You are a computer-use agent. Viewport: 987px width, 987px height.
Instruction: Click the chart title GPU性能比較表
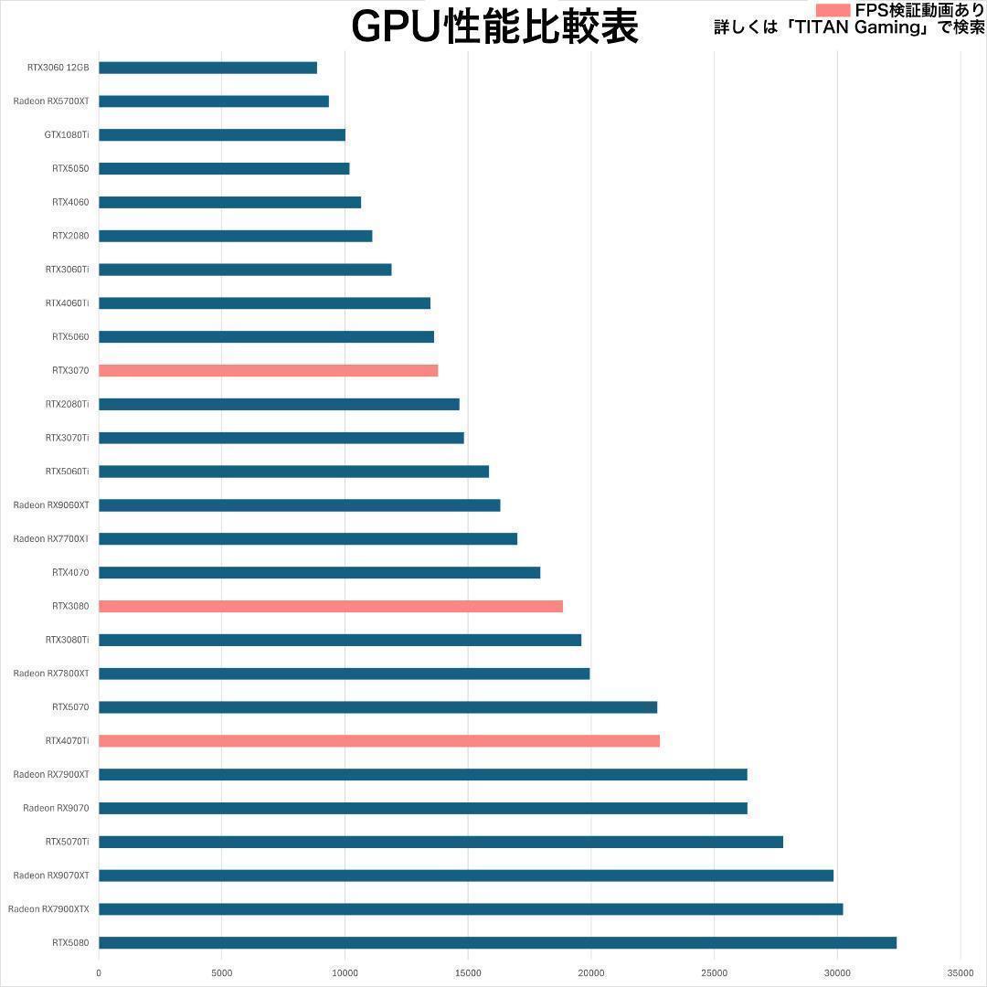tap(494, 27)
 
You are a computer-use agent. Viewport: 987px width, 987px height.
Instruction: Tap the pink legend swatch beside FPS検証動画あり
tap(833, 10)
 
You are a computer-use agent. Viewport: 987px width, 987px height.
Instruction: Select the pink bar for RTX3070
tap(268, 370)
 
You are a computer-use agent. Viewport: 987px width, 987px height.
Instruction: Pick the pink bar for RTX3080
tap(331, 606)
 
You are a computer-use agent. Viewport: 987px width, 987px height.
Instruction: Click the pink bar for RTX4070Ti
tap(379, 740)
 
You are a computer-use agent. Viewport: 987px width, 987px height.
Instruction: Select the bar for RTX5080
tap(497, 942)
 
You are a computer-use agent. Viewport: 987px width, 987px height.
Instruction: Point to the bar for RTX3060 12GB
tap(207, 68)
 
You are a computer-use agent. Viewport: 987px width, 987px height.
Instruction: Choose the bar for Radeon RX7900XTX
tap(471, 908)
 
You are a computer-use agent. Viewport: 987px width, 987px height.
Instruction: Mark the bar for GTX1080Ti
tap(222, 135)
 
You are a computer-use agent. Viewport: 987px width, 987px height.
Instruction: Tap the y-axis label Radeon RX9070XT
tap(51, 876)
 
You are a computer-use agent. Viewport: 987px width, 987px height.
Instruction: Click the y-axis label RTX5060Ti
tap(67, 472)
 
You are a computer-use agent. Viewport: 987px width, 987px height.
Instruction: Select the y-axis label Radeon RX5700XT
tap(51, 101)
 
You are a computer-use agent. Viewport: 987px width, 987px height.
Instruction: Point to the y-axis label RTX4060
tap(70, 202)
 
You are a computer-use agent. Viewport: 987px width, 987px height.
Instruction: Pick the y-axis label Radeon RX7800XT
tap(51, 674)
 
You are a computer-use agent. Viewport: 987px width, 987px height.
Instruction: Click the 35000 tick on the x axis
tap(960, 973)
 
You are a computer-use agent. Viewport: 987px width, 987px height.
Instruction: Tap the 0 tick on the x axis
tap(99, 973)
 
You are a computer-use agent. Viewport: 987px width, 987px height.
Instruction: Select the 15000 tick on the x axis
tap(468, 973)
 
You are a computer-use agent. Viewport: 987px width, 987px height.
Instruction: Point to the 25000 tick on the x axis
tap(714, 973)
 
